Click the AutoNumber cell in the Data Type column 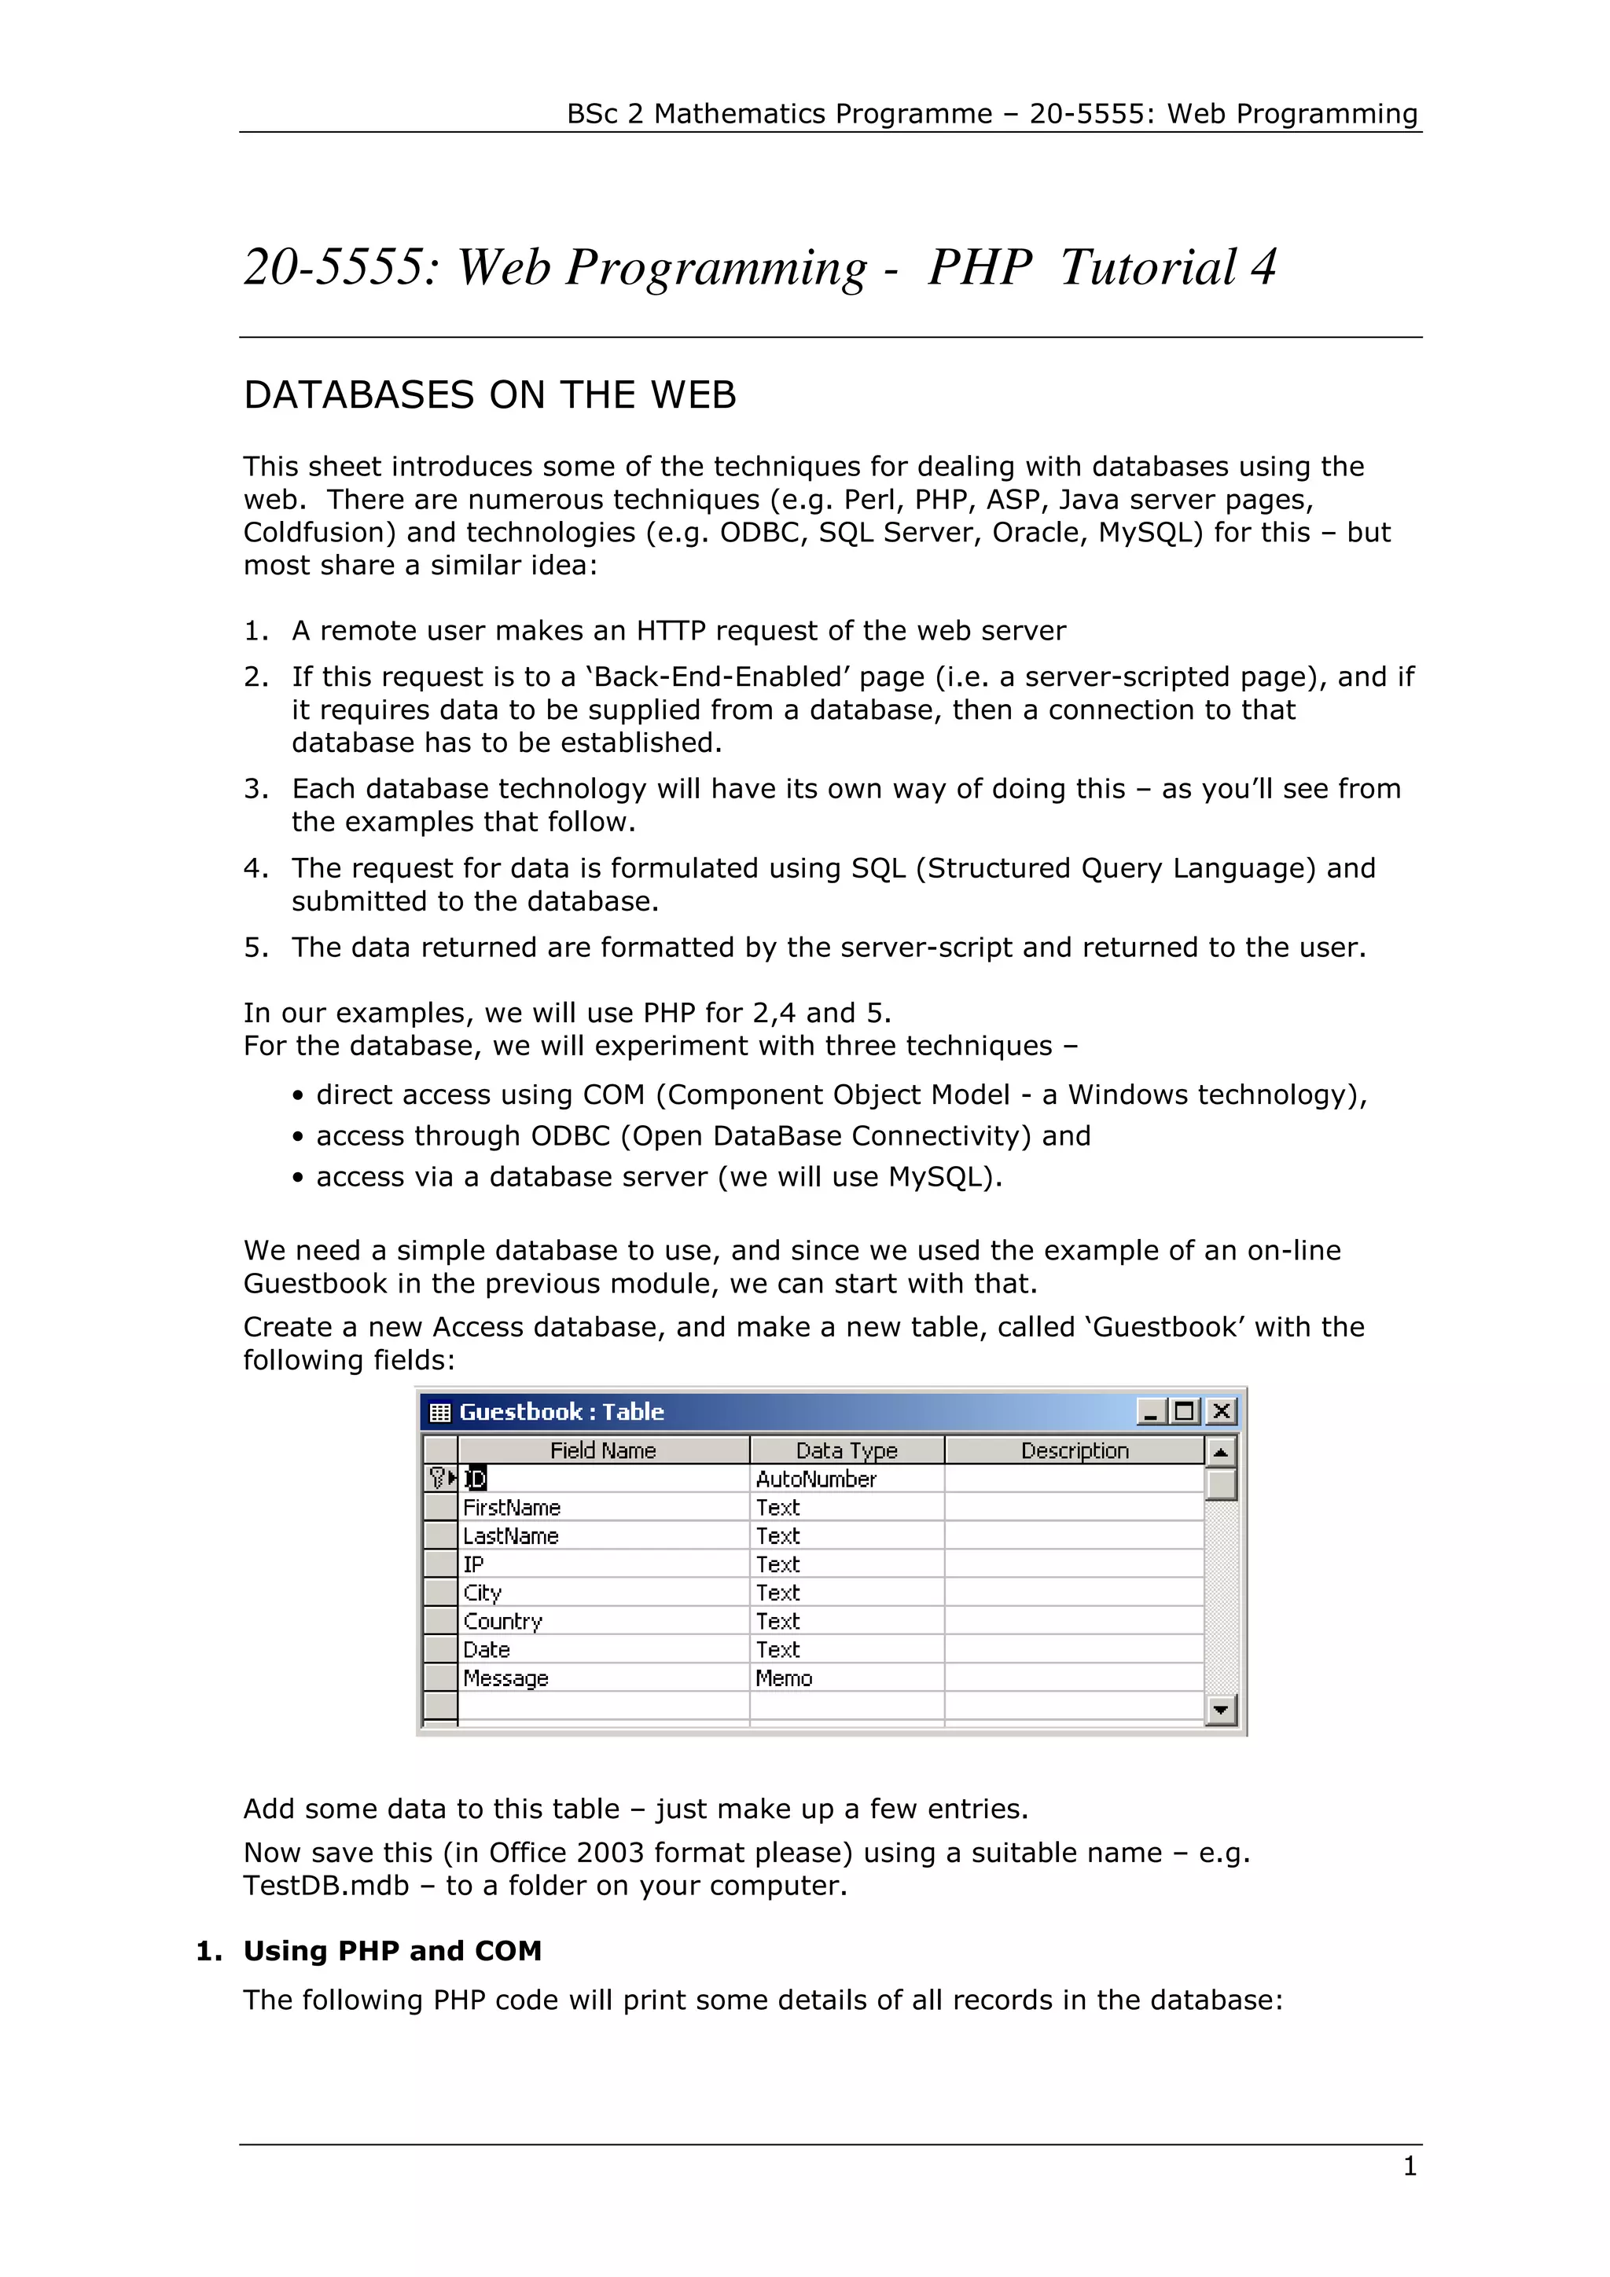click(815, 1479)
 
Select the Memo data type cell click(784, 1678)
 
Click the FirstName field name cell click(512, 1508)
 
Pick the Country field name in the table click(503, 1622)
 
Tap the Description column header click(1075, 1450)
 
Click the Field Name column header click(603, 1450)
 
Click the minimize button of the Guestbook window click(1149, 1411)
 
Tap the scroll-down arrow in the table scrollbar click(1220, 1709)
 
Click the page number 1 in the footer click(1410, 2167)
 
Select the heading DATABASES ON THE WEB click(490, 394)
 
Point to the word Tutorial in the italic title click(1148, 267)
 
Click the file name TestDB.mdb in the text click(326, 1885)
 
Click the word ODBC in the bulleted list click(571, 1135)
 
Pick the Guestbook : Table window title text click(561, 1411)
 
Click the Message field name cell click(506, 1678)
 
